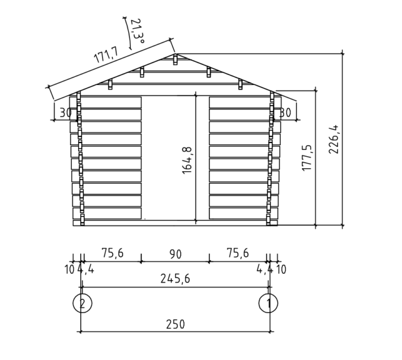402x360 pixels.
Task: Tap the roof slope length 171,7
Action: [x=106, y=55]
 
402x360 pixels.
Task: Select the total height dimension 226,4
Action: [x=334, y=140]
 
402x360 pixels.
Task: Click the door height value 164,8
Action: [x=187, y=161]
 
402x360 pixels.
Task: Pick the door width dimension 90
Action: [x=175, y=254]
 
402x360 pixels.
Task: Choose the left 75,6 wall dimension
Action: [x=113, y=253]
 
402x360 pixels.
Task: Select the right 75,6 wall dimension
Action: [x=238, y=253]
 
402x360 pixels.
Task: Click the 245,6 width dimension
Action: [x=175, y=278]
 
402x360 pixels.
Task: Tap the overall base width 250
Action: [x=175, y=324]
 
